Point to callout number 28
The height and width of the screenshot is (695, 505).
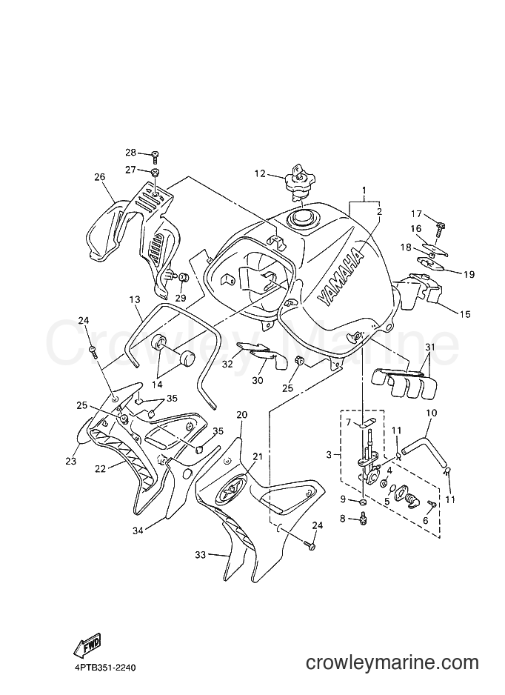tap(130, 153)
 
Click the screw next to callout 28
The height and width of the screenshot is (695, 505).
tap(155, 155)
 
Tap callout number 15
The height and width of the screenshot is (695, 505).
tap(465, 314)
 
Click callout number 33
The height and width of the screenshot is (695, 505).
tap(201, 554)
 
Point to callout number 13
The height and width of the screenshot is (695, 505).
tap(135, 300)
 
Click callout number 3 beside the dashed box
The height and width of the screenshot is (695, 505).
tap(329, 455)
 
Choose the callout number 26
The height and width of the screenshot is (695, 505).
tap(100, 177)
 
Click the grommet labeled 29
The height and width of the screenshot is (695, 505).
tap(184, 277)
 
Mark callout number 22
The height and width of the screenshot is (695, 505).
tap(101, 468)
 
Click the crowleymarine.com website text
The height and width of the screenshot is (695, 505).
tap(392, 663)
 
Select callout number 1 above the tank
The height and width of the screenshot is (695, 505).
tap(364, 191)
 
